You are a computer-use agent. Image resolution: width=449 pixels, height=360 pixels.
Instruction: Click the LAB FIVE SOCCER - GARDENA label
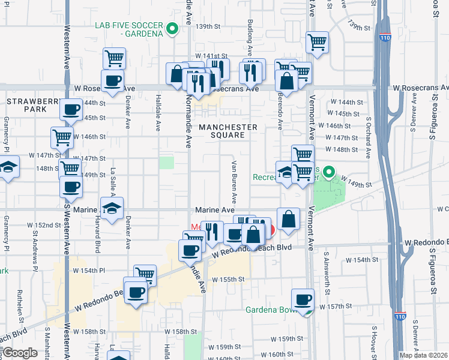(129, 29)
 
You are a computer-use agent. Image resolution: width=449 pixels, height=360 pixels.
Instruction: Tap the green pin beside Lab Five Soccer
(172, 28)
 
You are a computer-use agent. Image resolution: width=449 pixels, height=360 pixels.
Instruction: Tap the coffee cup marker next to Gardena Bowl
(303, 299)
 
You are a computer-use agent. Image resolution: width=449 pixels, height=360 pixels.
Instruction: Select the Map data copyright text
(424, 355)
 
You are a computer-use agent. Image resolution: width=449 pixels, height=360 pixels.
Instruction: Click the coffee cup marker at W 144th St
(71, 110)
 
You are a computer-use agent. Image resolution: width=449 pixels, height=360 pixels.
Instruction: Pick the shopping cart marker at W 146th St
(62, 137)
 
